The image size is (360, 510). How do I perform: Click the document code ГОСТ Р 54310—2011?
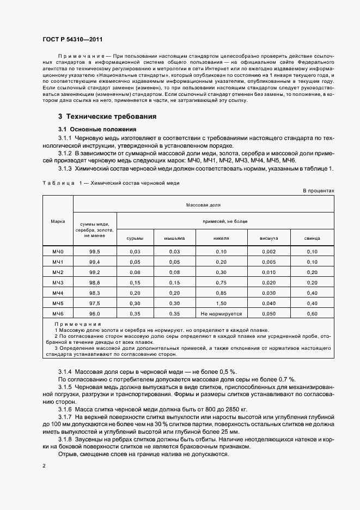(x=72, y=40)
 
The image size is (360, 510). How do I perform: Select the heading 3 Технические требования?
(x=107, y=117)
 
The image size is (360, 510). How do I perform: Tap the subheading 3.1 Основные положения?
(x=97, y=129)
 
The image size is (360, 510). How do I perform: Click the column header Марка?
(x=58, y=222)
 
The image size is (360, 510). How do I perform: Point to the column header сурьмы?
(x=135, y=238)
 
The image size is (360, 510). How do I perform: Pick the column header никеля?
(x=221, y=238)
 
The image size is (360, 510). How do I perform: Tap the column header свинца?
(x=312, y=238)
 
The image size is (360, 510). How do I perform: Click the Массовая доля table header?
(x=203, y=205)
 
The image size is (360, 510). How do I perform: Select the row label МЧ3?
(x=58, y=282)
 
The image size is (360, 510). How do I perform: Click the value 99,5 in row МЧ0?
(x=95, y=251)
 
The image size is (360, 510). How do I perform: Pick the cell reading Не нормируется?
(x=221, y=314)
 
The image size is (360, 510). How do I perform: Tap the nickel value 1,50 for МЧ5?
(x=221, y=303)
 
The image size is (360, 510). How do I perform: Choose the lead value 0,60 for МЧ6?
(x=312, y=314)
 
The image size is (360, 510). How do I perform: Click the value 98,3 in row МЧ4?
(x=95, y=293)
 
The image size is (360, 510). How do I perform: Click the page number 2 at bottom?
(x=44, y=466)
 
